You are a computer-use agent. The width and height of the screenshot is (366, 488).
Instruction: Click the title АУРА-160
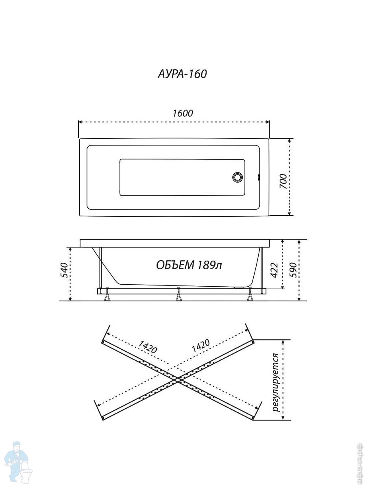182,74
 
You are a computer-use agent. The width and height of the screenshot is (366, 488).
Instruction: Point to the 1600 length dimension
183,113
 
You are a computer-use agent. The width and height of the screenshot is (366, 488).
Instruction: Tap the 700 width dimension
283,181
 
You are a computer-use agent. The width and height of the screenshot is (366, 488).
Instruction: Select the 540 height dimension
64,270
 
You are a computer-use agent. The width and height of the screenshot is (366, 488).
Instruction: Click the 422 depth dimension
274,270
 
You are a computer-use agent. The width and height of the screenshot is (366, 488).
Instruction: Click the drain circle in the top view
237,177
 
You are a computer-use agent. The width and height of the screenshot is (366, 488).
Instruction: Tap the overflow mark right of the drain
259,177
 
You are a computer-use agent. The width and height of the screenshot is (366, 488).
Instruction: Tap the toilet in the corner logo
27,473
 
